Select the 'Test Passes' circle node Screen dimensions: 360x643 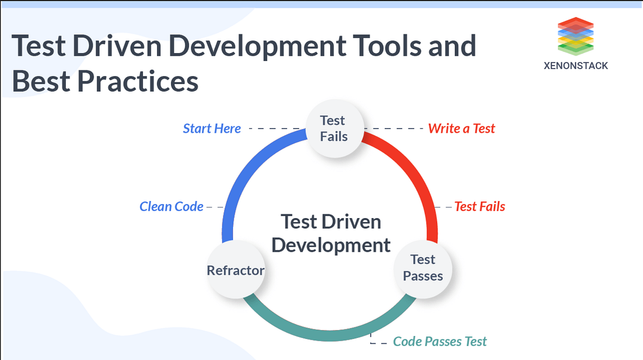pos(423,268)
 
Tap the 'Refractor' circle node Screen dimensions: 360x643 pos(236,270)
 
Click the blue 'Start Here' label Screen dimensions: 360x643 pos(212,129)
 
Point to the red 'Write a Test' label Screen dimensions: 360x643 pos(461,129)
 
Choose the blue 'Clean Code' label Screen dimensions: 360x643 pos(171,206)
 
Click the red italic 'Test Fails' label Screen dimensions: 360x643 pos(480,206)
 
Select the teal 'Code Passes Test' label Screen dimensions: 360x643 pos(440,341)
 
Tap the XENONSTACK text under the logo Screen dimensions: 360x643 pos(575,66)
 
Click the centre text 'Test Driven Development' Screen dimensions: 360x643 pos(331,233)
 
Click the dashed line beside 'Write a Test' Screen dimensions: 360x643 pos(395,129)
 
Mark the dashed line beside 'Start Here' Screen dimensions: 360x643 pos(273,129)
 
